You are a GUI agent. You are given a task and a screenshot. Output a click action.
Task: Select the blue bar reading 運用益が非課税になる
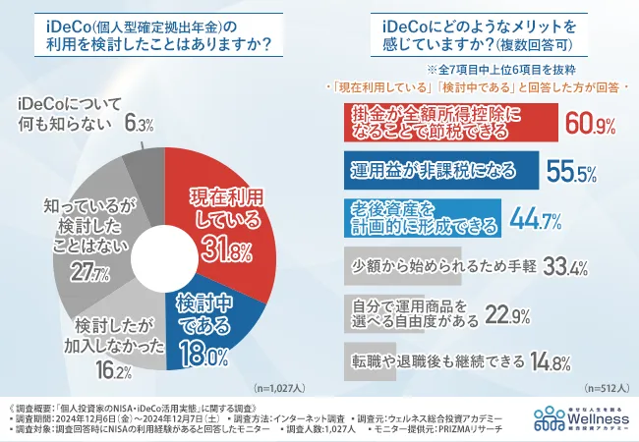coord(434,170)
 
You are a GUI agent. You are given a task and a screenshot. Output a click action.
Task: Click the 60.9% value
coord(589,124)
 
